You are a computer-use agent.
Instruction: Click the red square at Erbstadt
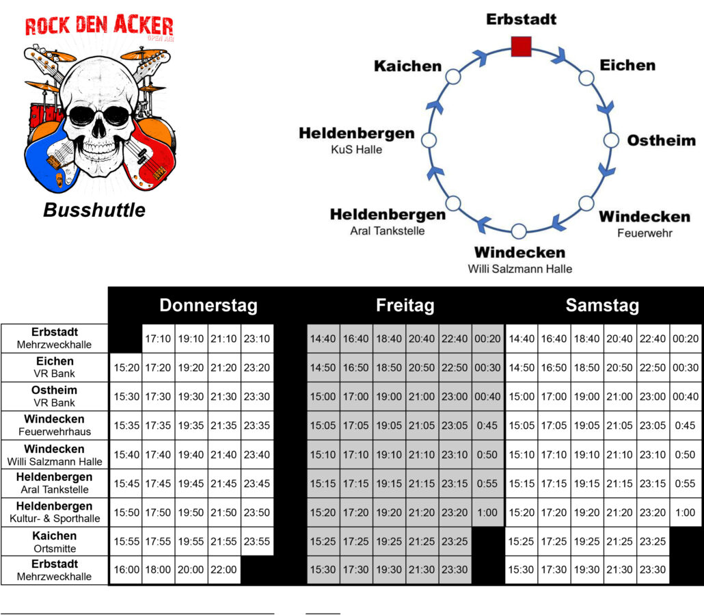point(521,47)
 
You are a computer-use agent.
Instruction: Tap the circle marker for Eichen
point(586,77)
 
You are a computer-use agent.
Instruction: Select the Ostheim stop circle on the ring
point(611,140)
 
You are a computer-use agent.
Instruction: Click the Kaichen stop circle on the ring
point(452,76)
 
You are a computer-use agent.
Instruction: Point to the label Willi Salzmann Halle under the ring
point(519,269)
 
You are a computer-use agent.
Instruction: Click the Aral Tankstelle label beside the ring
point(388,231)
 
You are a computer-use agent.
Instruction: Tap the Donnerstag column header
point(208,305)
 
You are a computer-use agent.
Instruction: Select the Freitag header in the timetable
point(405,305)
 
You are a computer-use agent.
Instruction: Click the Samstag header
point(601,305)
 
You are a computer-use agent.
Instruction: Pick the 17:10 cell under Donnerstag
point(159,339)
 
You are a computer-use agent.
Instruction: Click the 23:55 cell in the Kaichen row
point(257,541)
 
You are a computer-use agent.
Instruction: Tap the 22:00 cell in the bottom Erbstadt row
point(224,570)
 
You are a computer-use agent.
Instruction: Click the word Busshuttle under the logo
point(94,210)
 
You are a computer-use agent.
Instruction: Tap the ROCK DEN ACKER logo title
point(99,26)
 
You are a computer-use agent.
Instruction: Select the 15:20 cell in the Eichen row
point(126,367)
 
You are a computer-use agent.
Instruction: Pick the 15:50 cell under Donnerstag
point(126,512)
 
